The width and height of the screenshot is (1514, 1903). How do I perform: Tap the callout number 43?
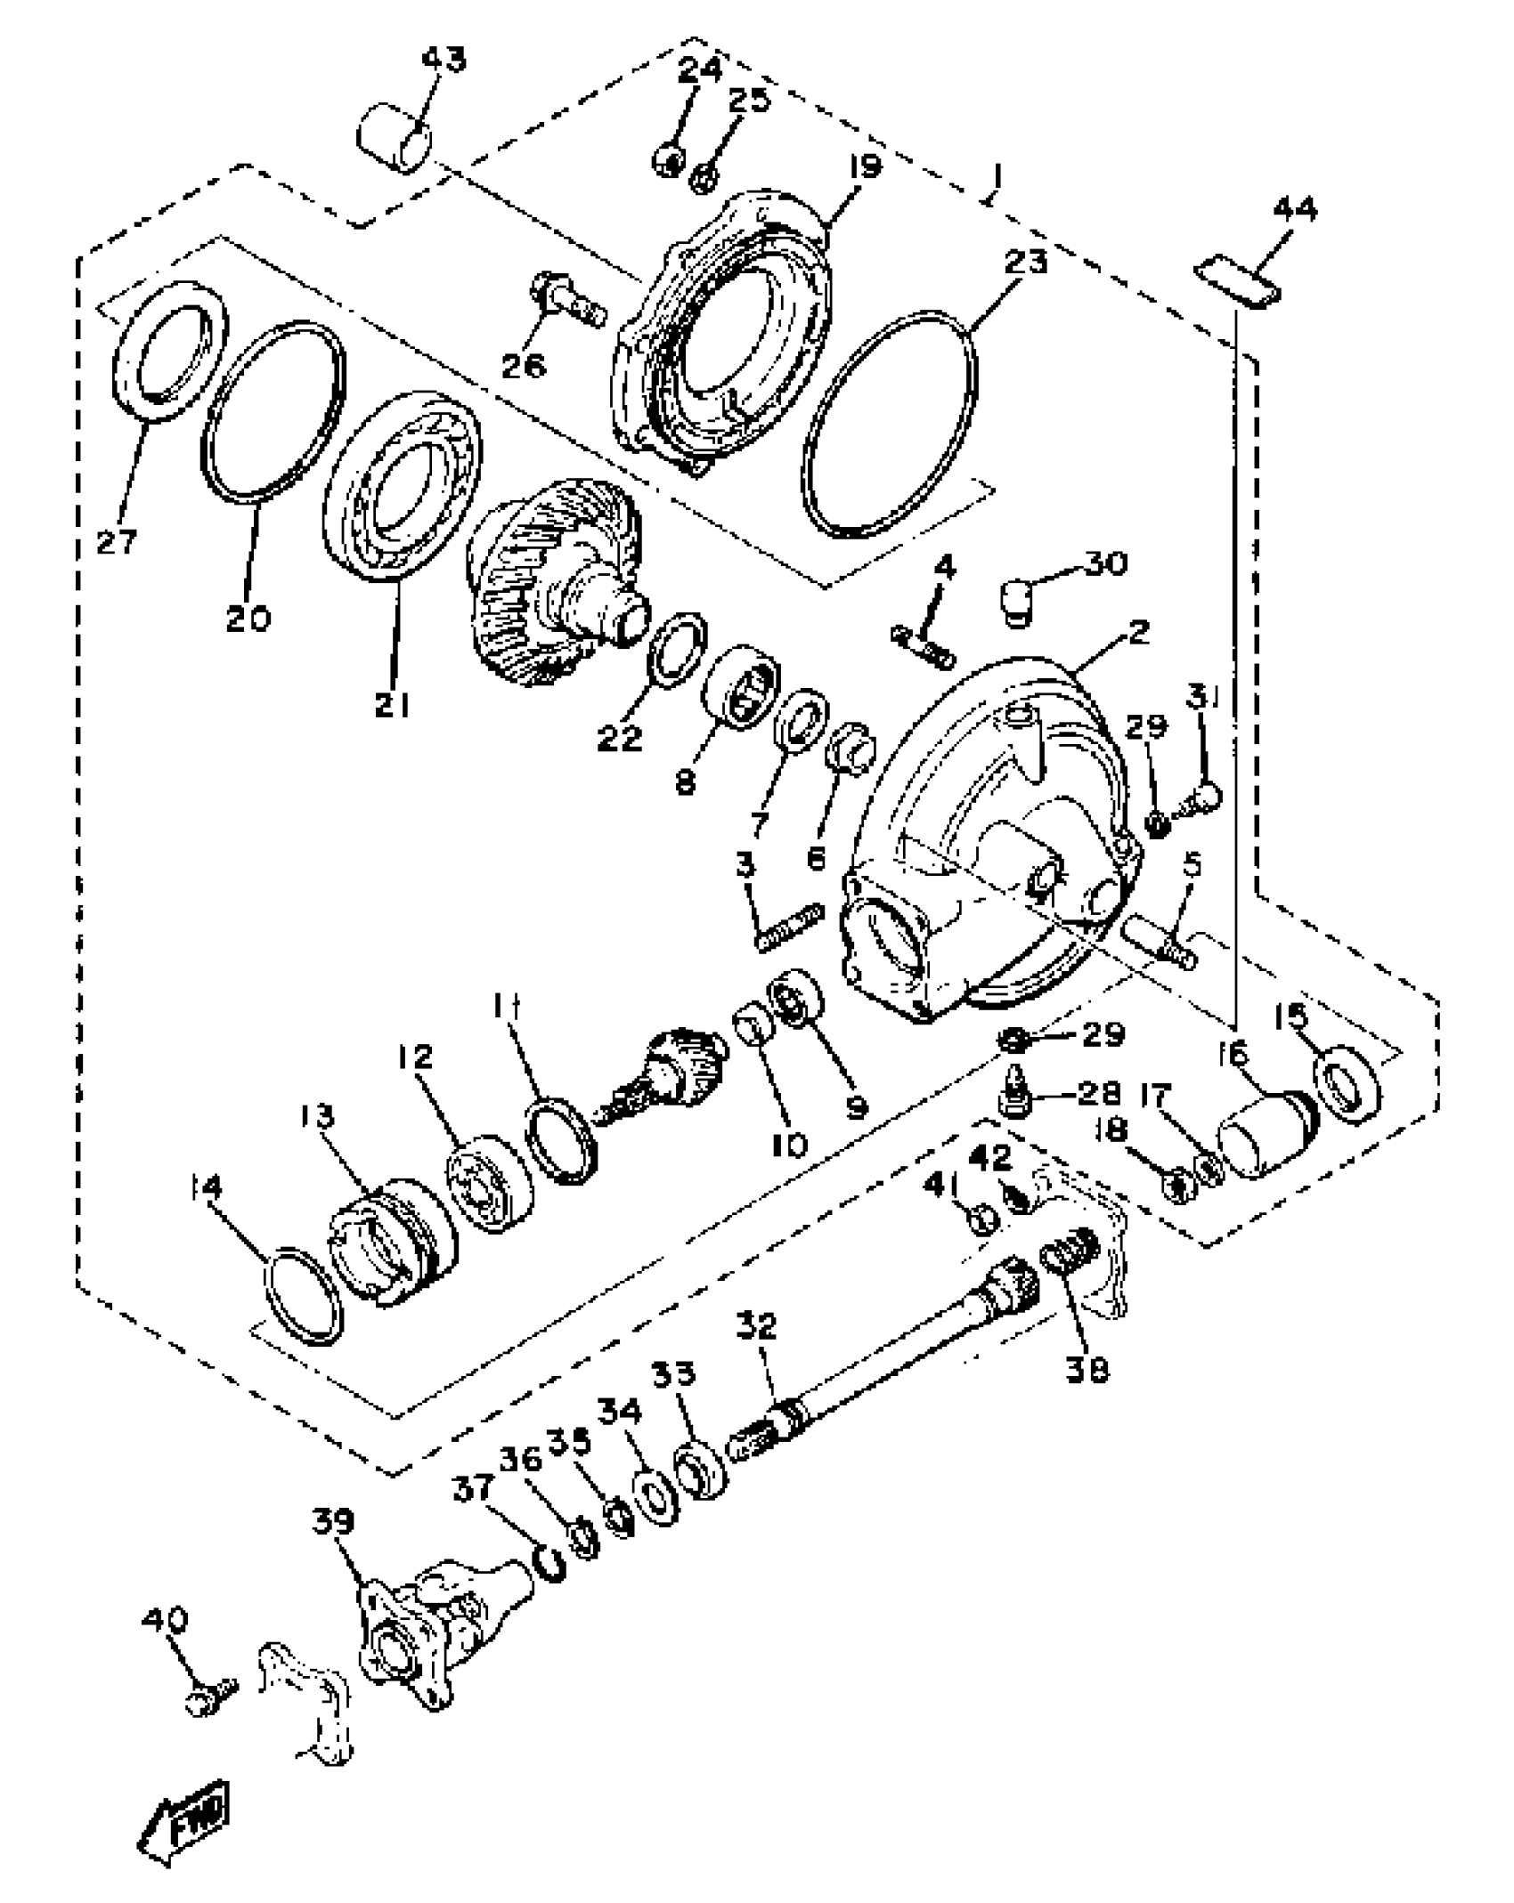(444, 60)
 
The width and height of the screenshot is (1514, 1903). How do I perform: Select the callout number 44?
(1295, 210)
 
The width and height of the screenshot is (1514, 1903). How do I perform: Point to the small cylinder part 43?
(395, 138)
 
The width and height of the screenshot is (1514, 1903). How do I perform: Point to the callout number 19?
(860, 166)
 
